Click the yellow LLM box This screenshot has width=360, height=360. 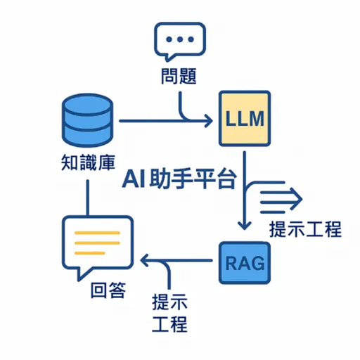point(243,119)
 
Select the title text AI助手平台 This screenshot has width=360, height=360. point(179,179)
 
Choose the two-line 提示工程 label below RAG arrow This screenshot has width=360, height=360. point(170,314)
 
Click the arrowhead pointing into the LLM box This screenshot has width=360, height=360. point(208,122)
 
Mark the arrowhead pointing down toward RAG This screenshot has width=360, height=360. point(243,224)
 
